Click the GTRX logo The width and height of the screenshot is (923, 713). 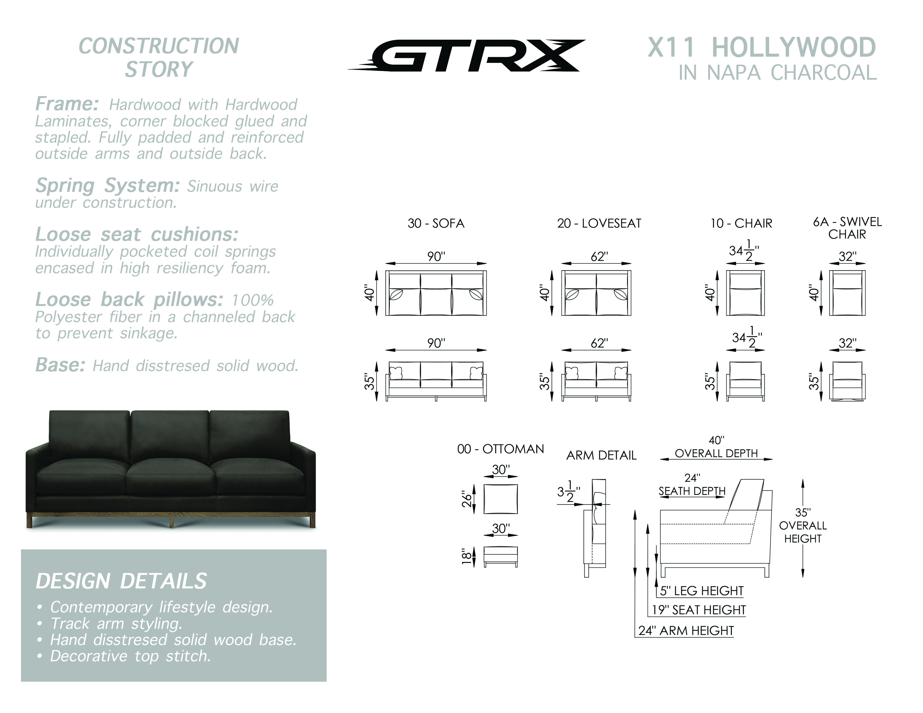(467, 55)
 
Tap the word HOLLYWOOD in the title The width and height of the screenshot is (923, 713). (794, 47)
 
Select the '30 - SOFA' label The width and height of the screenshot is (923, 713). (436, 223)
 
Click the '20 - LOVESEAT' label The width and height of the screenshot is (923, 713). (599, 223)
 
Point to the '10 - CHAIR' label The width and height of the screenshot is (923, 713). (741, 223)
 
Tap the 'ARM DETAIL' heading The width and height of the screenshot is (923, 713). (601, 455)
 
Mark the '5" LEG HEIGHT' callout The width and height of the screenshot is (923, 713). (701, 591)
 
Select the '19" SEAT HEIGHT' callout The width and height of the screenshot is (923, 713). (699, 610)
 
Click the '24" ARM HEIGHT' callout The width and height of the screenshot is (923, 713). (686, 631)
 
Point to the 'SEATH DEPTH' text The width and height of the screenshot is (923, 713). (692, 491)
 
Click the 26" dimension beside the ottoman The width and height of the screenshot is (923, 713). (466, 499)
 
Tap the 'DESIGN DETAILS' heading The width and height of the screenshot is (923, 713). (121, 581)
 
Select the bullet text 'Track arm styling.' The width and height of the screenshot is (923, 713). (116, 624)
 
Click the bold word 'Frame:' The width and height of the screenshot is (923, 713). (67, 103)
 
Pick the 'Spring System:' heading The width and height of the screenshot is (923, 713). (108, 185)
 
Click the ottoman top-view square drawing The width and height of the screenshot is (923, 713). (500, 499)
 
